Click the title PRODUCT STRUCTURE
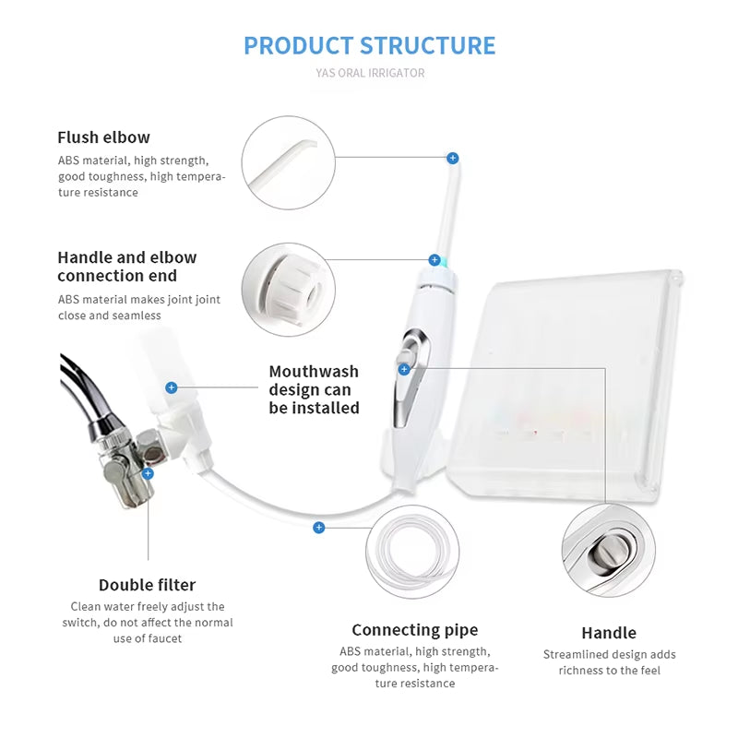click(369, 45)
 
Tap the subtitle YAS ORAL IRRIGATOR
click(369, 73)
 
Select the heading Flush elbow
click(103, 137)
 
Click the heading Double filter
click(148, 585)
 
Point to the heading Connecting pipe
click(415, 630)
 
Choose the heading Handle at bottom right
click(609, 633)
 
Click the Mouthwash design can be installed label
click(314, 389)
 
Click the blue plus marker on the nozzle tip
click(452, 159)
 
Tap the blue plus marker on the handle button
click(404, 369)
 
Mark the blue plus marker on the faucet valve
click(148, 473)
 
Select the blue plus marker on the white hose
click(318, 528)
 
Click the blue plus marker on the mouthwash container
click(171, 387)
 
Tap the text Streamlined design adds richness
click(609, 662)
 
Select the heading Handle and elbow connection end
click(126, 267)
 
